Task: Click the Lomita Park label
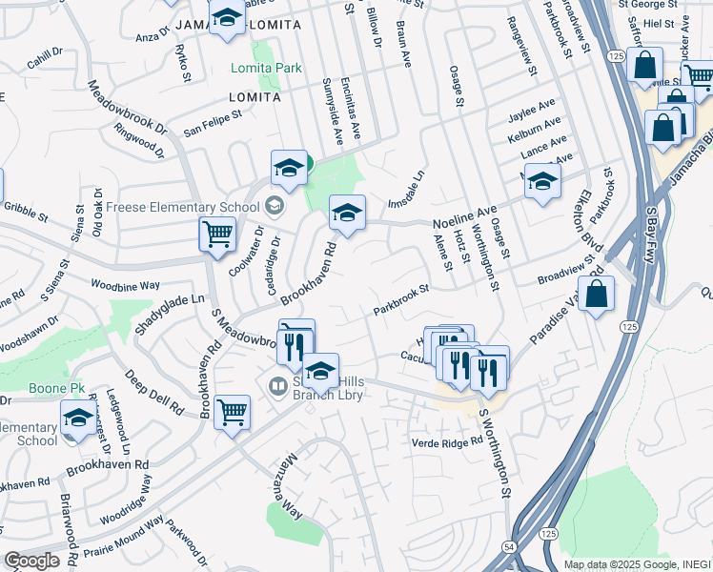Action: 267,69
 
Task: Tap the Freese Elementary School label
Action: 186,206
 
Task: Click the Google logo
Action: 32,561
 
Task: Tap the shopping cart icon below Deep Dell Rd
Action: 233,413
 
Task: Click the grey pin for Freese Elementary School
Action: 275,205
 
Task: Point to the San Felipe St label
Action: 213,123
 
